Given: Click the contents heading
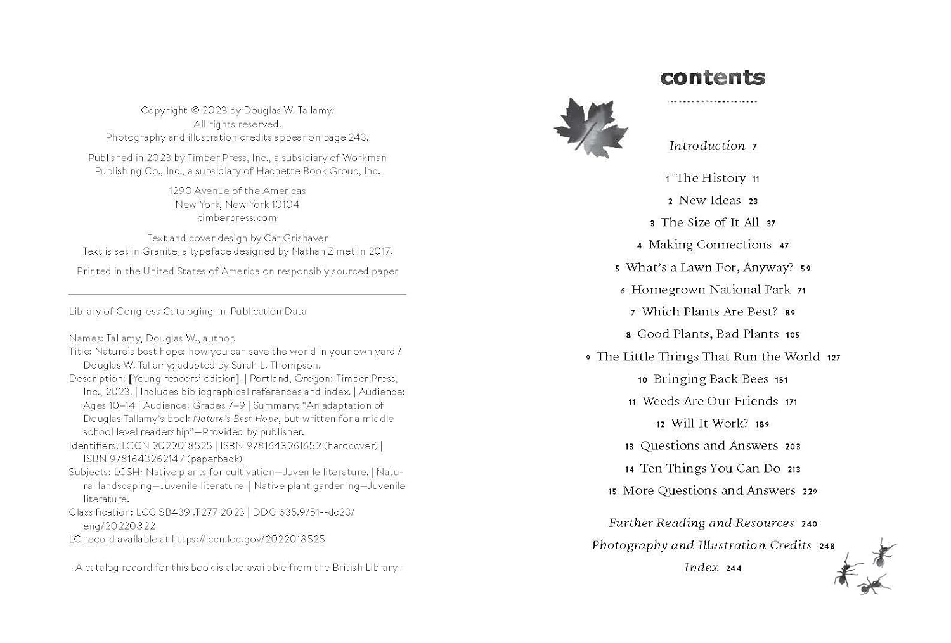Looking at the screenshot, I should click(x=713, y=78).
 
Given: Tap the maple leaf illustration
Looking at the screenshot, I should click(x=590, y=127).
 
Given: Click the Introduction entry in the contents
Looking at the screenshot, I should click(x=707, y=146).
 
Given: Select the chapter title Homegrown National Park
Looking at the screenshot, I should click(x=711, y=290).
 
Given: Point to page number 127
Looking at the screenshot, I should click(x=834, y=357).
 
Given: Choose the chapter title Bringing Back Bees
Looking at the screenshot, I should click(x=711, y=379).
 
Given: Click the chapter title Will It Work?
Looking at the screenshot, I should click(x=709, y=423).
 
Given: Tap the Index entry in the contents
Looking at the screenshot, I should click(x=701, y=568).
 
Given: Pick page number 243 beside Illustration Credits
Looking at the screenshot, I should click(x=827, y=546).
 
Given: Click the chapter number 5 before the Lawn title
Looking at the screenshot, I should click(x=617, y=269).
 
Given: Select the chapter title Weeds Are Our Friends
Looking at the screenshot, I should click(x=710, y=401).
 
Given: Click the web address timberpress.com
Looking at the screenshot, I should click(x=237, y=218).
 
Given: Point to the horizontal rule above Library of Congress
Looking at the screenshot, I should click(x=237, y=295).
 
